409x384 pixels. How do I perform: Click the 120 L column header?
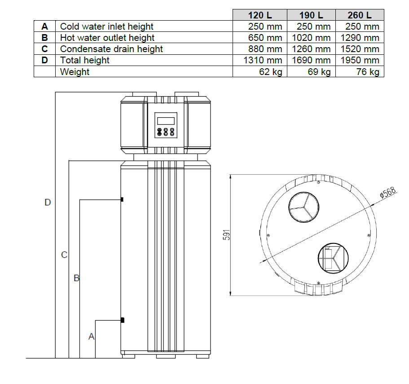(x=260, y=15)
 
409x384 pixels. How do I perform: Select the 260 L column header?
(x=359, y=15)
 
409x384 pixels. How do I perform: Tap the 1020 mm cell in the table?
(x=311, y=38)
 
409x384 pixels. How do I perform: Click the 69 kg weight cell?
(x=319, y=72)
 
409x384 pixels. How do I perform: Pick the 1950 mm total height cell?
(x=359, y=60)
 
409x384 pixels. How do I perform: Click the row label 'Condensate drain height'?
(x=111, y=49)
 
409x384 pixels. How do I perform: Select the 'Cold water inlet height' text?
(x=106, y=26)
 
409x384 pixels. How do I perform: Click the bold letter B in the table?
(x=44, y=38)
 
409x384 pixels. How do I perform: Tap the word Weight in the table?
(x=75, y=72)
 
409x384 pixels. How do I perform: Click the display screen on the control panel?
(x=166, y=120)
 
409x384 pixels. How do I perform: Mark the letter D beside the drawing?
(x=48, y=203)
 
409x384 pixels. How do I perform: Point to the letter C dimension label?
(x=64, y=255)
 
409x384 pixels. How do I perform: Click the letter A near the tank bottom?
(x=92, y=336)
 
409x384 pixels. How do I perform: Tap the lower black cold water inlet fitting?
(x=122, y=320)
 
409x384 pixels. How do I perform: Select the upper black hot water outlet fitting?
(x=122, y=199)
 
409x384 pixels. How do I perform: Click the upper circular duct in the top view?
(x=303, y=208)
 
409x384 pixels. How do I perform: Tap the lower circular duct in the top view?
(x=333, y=258)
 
